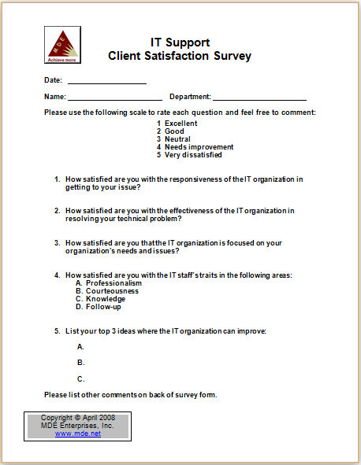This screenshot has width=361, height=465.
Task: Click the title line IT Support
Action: pyautogui.click(x=180, y=42)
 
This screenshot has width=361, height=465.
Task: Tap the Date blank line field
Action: pyautogui.click(x=106, y=80)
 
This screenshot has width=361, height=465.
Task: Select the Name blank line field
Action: pyautogui.click(x=114, y=97)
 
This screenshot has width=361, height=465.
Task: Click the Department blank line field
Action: pyautogui.click(x=259, y=97)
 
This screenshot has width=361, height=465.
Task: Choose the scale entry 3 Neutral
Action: pyautogui.click(x=174, y=138)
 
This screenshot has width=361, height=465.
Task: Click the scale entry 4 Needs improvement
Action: pyautogui.click(x=195, y=146)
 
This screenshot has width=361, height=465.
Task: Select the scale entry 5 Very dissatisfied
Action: pyautogui.click(x=189, y=155)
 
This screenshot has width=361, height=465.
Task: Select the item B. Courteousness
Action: pyautogui.click(x=107, y=291)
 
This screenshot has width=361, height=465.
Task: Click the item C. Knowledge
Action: pyautogui.click(x=100, y=299)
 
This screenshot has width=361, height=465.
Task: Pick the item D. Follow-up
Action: pyautogui.click(x=99, y=307)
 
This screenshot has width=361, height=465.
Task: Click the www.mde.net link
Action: pyautogui.click(x=78, y=434)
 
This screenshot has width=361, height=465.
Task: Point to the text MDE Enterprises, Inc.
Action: pyautogui.click(x=77, y=426)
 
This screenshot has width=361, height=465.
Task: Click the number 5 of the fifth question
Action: pyautogui.click(x=57, y=330)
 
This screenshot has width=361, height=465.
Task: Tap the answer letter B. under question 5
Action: pyautogui.click(x=80, y=363)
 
